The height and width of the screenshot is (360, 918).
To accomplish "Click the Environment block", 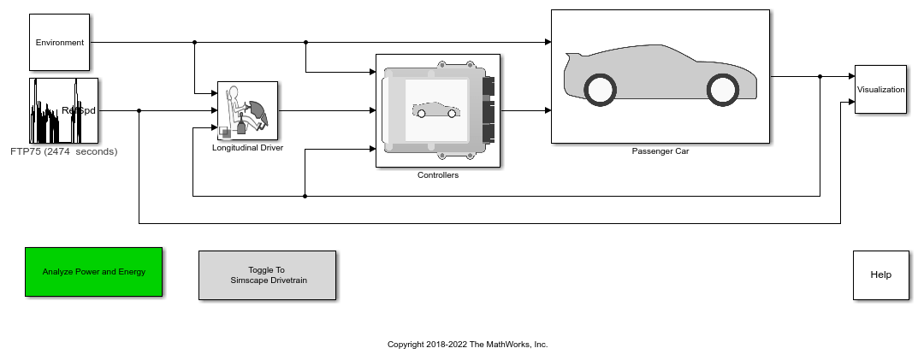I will point(59,42).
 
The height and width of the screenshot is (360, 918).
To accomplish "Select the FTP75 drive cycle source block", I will point(64,110).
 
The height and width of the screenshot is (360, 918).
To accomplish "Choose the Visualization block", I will point(880,89).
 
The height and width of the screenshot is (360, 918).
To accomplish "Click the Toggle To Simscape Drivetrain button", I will point(267,274).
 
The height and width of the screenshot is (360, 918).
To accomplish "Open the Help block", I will point(880,274).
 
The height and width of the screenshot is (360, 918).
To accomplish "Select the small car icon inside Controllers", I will point(435,110).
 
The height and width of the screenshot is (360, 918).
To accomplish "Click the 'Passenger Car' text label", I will point(660,151).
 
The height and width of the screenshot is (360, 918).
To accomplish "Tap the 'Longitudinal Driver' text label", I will point(247,147).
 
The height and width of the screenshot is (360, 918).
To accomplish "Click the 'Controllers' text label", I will point(438,175).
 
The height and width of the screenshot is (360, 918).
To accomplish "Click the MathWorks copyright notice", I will point(467,345).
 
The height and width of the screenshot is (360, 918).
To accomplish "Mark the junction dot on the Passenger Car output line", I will point(820,76).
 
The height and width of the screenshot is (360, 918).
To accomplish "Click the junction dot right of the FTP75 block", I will point(139,110).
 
